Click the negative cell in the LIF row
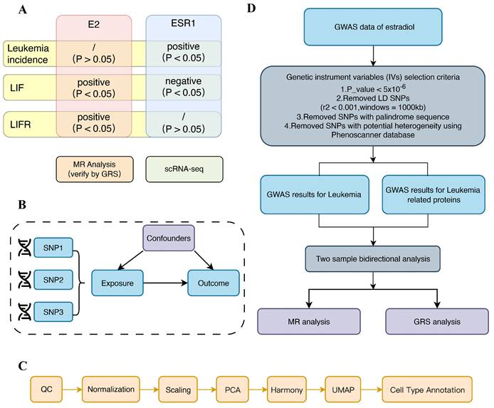click(183, 86)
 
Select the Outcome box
click(209, 283)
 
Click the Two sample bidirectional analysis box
click(372, 254)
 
